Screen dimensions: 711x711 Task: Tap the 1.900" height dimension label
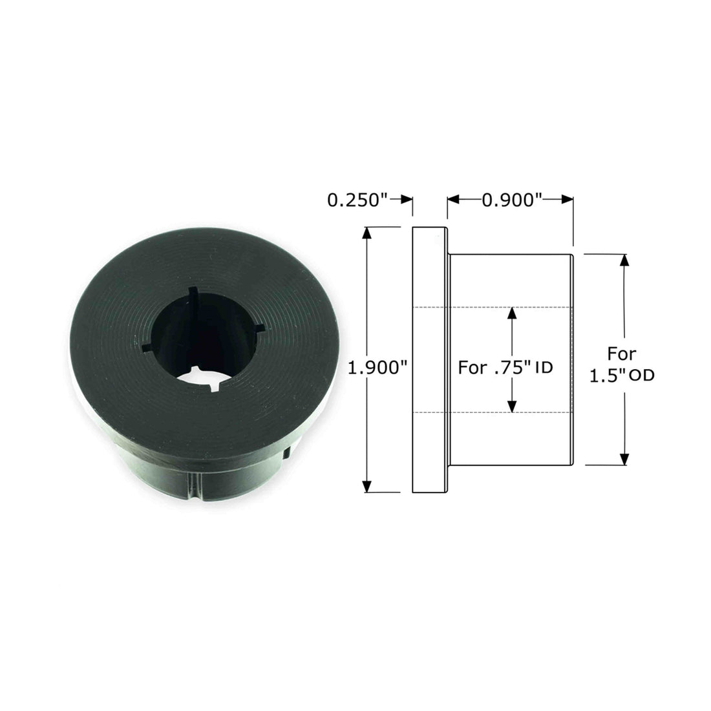point(377,368)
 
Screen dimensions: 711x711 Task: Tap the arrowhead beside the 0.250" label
point(407,200)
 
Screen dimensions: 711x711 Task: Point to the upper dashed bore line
point(491,306)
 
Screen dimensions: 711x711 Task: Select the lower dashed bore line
point(491,412)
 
